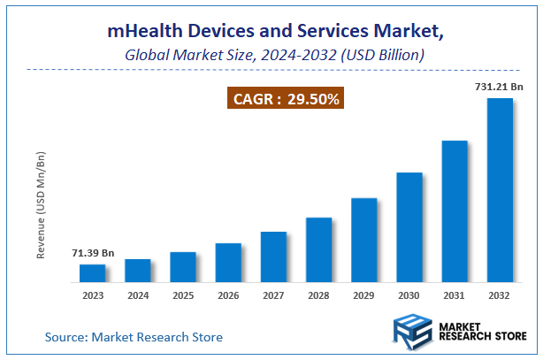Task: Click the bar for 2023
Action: [x=92, y=273]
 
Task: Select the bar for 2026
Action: [x=228, y=263]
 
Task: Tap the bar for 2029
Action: [x=364, y=240]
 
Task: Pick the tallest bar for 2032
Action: [x=501, y=190]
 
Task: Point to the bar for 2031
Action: [x=455, y=211]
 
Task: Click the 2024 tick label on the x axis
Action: [x=137, y=296]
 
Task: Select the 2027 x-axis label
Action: [x=273, y=296]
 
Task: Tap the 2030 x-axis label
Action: [x=409, y=296]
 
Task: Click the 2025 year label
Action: [x=182, y=296]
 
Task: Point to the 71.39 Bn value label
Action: [x=93, y=254]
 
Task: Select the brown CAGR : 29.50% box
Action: [x=286, y=99]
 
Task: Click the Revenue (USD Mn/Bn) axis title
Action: [x=41, y=205]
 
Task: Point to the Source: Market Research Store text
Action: [x=134, y=337]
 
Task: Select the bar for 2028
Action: [x=319, y=250]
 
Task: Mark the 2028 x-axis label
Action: [x=319, y=296]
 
